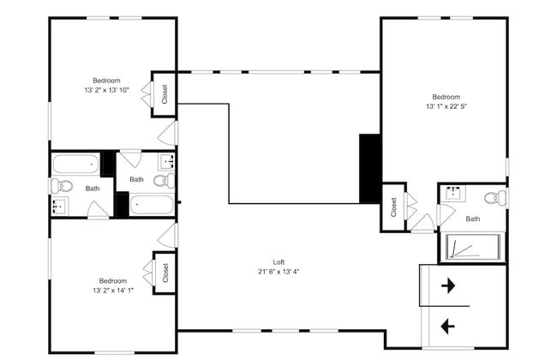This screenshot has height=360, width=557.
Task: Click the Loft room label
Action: pos(278,262)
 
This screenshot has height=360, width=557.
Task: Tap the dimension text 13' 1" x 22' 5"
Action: pos(446,106)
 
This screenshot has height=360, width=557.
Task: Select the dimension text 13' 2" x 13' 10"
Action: pos(106,90)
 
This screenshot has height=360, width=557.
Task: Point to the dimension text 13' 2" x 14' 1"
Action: pos(113,291)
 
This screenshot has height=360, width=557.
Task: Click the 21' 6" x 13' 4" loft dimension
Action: pos(278,272)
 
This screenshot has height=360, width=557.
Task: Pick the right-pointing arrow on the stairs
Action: pos(448,285)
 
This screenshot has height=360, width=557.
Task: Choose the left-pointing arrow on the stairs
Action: pos(448,326)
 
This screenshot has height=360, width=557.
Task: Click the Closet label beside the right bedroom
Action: pos(393,207)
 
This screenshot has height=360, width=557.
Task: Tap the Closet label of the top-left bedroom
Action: pos(165,94)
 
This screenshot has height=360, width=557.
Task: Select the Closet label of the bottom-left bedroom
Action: pos(165,273)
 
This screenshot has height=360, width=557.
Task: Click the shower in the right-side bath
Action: pos(473,248)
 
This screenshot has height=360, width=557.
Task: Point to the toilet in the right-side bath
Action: pos(495,198)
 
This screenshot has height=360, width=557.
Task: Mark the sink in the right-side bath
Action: pos(455,194)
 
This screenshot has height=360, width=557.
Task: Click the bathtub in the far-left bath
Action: pos(76,164)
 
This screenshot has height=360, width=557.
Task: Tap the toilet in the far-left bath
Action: pos(62,185)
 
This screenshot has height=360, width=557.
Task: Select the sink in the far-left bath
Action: pos(59,206)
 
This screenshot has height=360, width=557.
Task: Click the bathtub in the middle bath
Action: pos(152,205)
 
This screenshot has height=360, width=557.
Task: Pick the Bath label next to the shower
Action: pos(473,219)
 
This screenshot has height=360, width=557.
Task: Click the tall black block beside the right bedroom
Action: pos(370,169)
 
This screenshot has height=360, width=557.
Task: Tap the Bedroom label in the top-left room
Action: pos(106,81)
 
